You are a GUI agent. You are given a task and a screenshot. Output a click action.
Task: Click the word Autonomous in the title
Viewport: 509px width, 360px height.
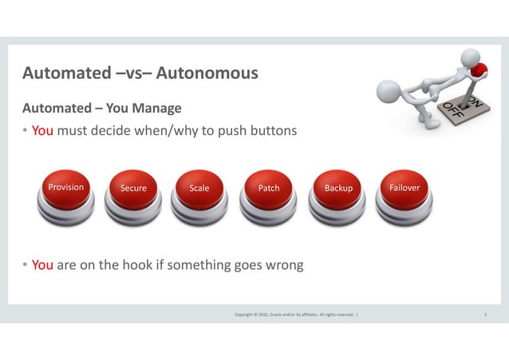coord(207,73)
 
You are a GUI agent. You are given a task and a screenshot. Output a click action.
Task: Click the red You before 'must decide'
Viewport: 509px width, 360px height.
coord(42,130)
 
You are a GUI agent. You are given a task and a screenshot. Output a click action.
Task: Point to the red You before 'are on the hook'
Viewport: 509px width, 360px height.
coord(42,265)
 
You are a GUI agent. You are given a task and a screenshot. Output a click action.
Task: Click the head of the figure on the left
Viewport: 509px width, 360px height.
coord(389,89)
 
